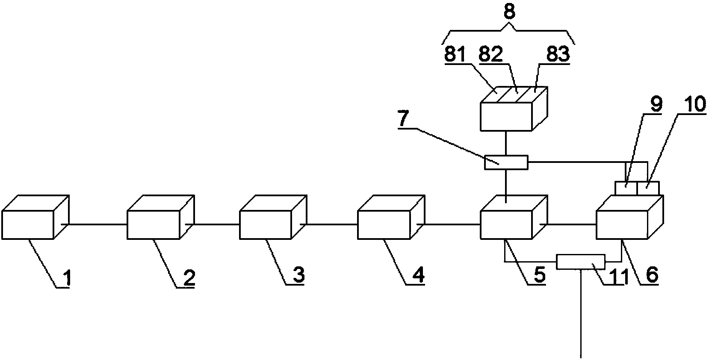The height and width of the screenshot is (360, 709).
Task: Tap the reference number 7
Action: click(404, 121)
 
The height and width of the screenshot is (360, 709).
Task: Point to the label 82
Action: click(491, 55)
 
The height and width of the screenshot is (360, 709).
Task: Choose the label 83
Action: click(558, 54)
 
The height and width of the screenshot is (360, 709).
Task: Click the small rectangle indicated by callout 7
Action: click(506, 162)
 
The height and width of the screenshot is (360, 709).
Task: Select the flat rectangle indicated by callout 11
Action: click(581, 262)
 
